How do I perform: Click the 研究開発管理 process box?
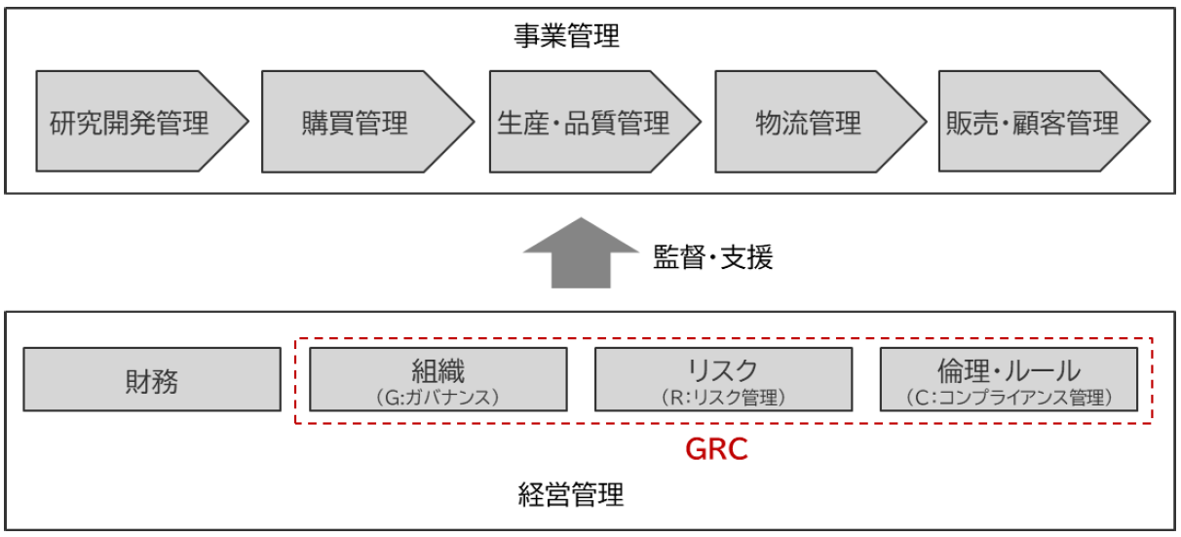click(x=136, y=123)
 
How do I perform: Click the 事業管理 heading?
click(x=567, y=37)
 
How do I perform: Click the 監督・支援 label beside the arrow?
click(x=711, y=258)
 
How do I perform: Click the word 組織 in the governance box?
click(x=438, y=370)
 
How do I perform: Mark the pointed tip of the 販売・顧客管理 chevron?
click(x=1148, y=123)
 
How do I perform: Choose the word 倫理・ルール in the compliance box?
click(x=1008, y=370)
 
